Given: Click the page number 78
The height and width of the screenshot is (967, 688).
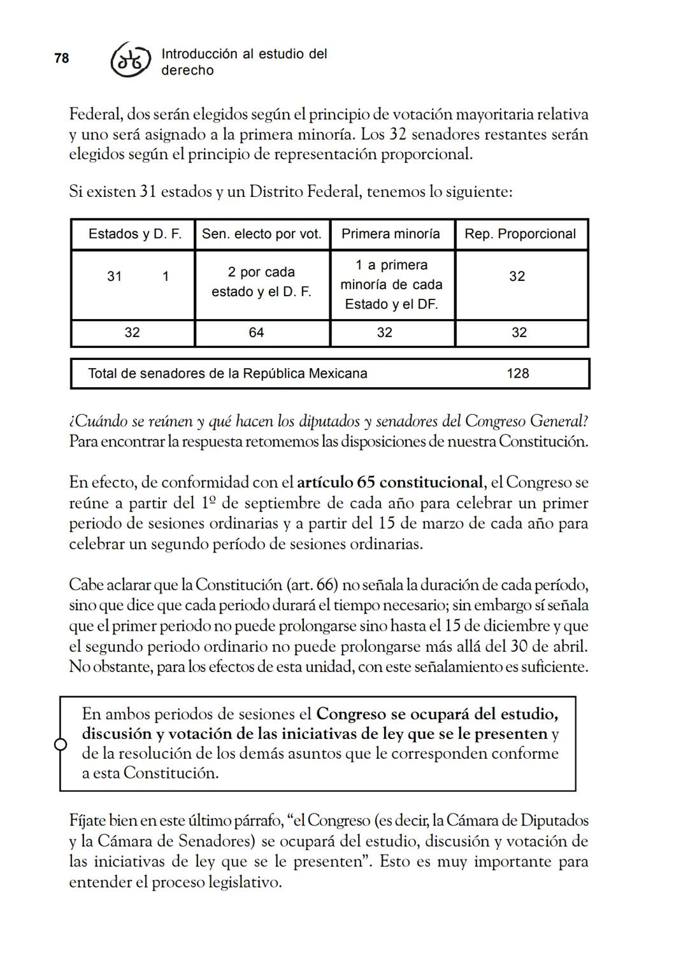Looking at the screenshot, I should [61, 58].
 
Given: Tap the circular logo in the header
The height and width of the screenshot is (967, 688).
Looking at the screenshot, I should [131, 61].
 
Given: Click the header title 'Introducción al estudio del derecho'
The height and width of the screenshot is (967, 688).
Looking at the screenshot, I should [244, 62].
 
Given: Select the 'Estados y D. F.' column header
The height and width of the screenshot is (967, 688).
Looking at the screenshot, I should [134, 234].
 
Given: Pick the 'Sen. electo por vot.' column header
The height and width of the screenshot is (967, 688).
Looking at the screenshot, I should [262, 234].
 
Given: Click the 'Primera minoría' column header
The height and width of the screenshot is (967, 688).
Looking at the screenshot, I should [391, 234].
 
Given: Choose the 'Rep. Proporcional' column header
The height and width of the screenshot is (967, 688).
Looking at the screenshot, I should [520, 234].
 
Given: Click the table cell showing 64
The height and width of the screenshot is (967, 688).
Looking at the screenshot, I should [256, 333].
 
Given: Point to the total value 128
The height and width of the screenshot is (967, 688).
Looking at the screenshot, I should [517, 373].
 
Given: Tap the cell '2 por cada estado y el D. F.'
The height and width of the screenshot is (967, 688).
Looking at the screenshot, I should [261, 282].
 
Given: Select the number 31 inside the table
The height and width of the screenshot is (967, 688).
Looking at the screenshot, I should [115, 276].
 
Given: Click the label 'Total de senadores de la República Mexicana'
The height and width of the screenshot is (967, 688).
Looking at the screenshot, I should [227, 373].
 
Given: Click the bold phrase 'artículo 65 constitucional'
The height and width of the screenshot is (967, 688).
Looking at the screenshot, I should [390, 482].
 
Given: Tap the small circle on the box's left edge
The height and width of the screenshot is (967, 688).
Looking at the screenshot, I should [61, 744].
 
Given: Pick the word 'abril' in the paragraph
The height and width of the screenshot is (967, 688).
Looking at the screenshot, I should [569, 646].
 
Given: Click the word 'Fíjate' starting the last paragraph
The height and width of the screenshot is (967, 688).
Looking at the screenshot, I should [87, 820].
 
